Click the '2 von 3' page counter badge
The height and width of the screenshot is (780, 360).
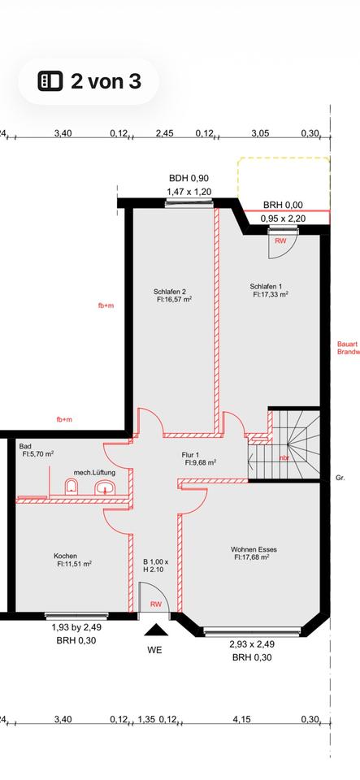click(x=88, y=80)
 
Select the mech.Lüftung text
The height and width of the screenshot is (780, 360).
click(x=92, y=472)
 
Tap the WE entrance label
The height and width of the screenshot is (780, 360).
click(x=154, y=651)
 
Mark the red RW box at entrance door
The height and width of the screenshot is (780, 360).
click(x=154, y=604)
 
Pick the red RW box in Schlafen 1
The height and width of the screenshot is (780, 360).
click(x=280, y=241)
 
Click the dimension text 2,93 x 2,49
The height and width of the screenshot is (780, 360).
click(x=253, y=643)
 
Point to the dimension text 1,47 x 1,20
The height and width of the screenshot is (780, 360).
click(x=189, y=192)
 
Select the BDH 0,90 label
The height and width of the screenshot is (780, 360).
click(x=189, y=179)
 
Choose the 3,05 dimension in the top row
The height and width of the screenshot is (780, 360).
click(x=260, y=133)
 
